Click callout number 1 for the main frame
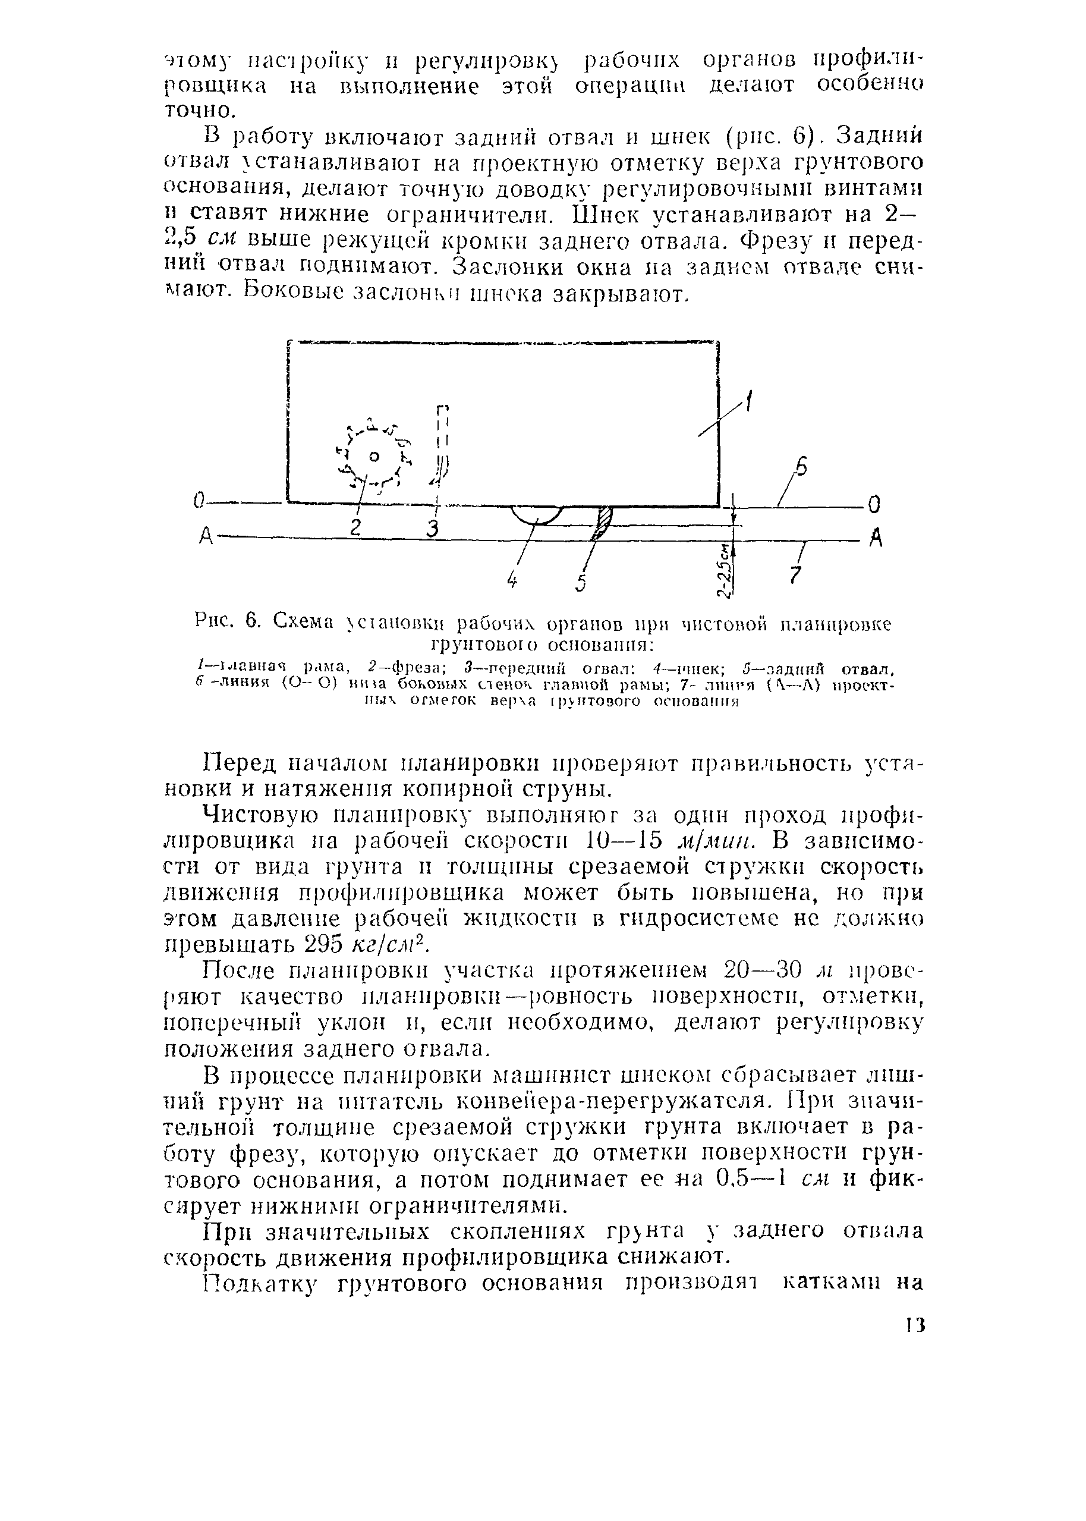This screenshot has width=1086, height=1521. [748, 403]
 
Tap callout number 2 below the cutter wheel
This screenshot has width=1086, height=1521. [355, 526]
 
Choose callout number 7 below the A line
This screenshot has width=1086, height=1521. [795, 573]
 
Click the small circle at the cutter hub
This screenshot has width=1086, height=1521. [374, 457]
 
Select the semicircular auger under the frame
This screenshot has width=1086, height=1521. [536, 516]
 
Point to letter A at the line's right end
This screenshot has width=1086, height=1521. [876, 538]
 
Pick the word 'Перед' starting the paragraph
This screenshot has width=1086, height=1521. [240, 763]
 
